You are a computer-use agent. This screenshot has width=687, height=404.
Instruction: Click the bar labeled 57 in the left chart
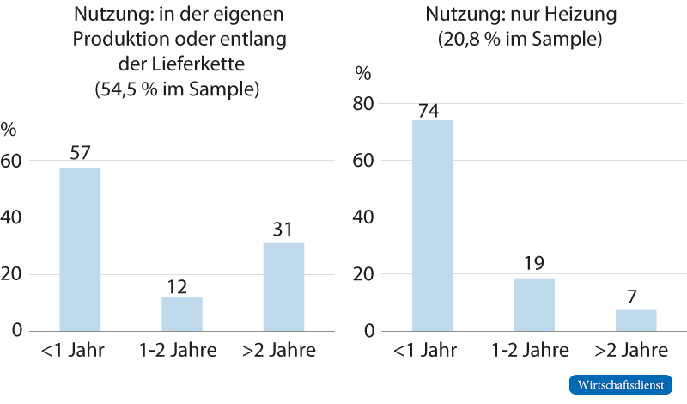[80, 249]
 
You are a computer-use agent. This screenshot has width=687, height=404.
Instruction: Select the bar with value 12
[182, 314]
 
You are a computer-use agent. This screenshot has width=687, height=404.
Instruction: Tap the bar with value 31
[283, 286]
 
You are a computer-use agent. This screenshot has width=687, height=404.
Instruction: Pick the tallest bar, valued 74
[433, 225]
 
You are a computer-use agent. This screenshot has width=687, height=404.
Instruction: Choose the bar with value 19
[534, 303]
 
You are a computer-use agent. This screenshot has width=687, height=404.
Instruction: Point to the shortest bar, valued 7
[636, 320]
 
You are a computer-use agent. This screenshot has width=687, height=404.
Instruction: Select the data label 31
[283, 229]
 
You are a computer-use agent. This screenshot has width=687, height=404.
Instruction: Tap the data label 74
[433, 110]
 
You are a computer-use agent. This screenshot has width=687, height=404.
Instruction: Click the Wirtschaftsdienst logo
[621, 384]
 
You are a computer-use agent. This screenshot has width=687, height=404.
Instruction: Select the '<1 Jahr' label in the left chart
[80, 351]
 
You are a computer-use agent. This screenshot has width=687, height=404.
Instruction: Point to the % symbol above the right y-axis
[363, 73]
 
